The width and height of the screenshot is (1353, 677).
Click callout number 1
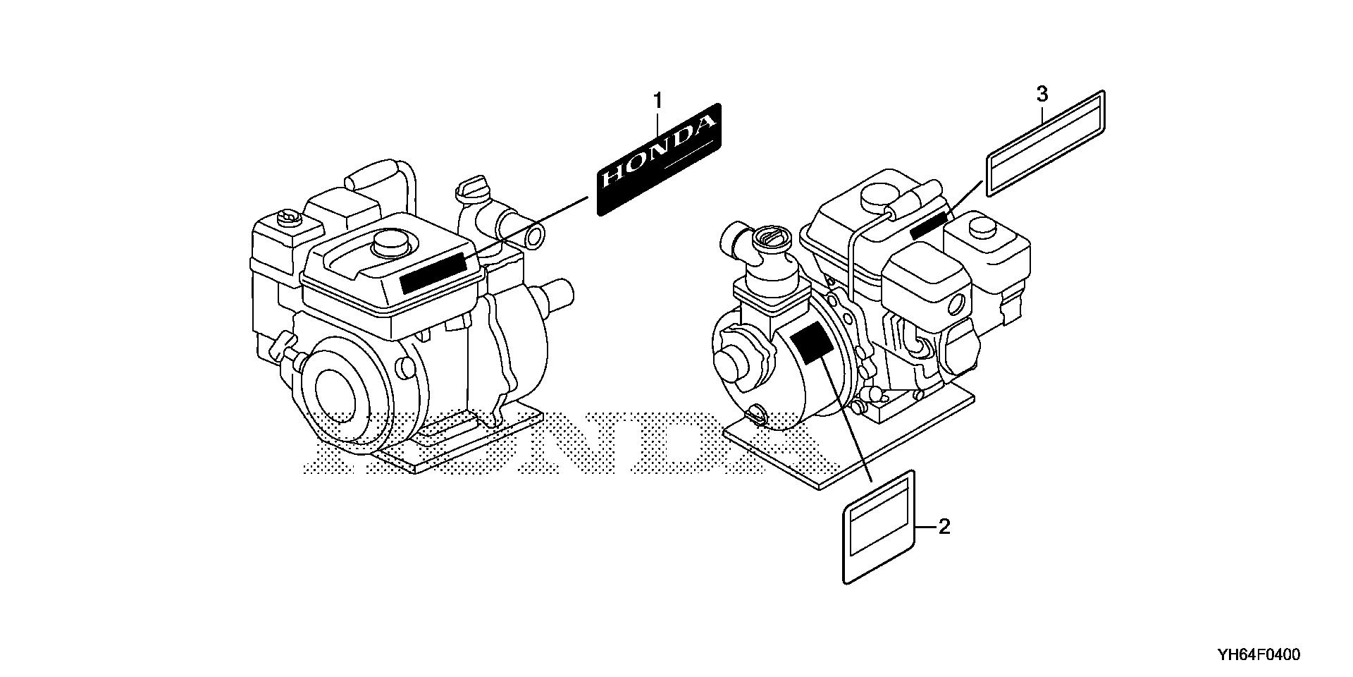click(657, 102)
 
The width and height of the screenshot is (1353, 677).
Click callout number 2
click(944, 526)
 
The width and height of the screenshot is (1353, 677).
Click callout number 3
click(1042, 93)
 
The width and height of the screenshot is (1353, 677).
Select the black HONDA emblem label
click(659, 159)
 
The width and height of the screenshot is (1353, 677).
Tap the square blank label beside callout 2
click(879, 527)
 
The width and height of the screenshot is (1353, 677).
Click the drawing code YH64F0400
click(1259, 654)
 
